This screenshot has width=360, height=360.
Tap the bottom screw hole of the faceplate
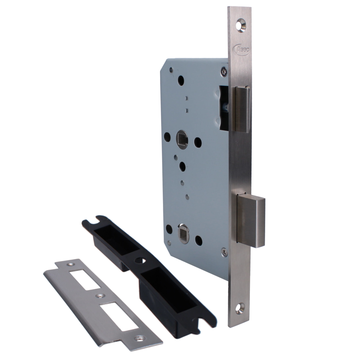pos(240,309)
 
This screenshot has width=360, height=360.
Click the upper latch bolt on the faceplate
pos(242,109)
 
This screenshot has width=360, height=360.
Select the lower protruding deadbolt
pos(251,221)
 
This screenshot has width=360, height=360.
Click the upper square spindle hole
pos(182,139)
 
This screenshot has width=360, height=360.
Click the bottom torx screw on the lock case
pos(224,252)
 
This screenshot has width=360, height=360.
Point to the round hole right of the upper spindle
pos(198,142)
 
